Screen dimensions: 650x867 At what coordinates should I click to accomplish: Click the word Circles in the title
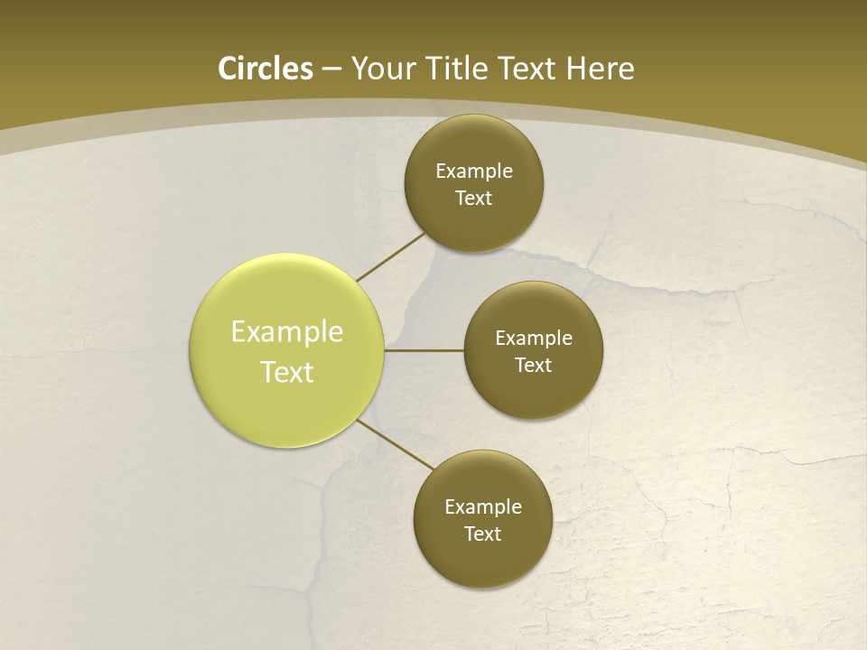coord(266,69)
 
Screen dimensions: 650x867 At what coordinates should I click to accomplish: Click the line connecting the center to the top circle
coord(390,256)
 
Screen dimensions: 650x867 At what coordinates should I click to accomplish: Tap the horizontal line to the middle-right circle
coord(424,350)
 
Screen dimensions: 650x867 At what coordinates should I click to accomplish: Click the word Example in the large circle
coord(287,332)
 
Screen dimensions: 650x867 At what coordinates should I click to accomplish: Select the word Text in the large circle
coord(287,372)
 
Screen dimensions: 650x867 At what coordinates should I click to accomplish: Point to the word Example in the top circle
coord(474,172)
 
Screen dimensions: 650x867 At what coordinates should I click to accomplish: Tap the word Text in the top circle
coord(474,199)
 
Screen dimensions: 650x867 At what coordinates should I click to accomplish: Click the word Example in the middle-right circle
coord(534,339)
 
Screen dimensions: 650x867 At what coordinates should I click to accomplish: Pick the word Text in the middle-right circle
coord(534,366)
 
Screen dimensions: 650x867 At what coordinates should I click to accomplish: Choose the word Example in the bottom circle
coord(482,507)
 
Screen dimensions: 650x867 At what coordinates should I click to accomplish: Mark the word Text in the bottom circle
coord(482,534)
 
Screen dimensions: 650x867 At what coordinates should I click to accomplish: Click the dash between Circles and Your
coord(331,69)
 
